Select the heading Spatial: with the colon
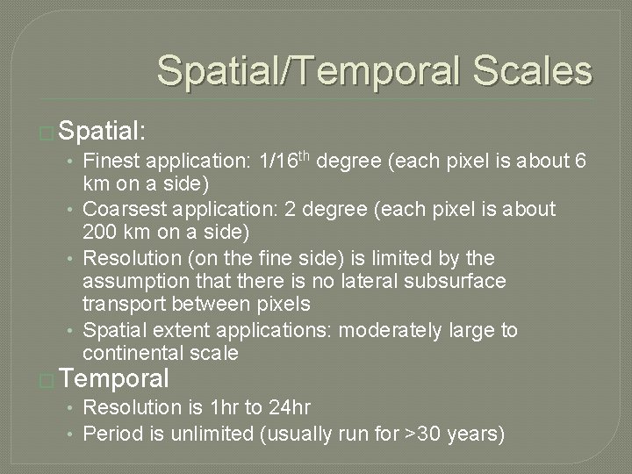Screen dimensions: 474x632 pyautogui.click(x=104, y=133)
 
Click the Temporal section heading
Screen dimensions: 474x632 pyautogui.click(x=116, y=379)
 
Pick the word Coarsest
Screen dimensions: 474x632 pyautogui.click(x=122, y=210)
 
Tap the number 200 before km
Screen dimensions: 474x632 pyautogui.click(x=98, y=233)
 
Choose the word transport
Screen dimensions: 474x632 pyautogui.click(x=123, y=304)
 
